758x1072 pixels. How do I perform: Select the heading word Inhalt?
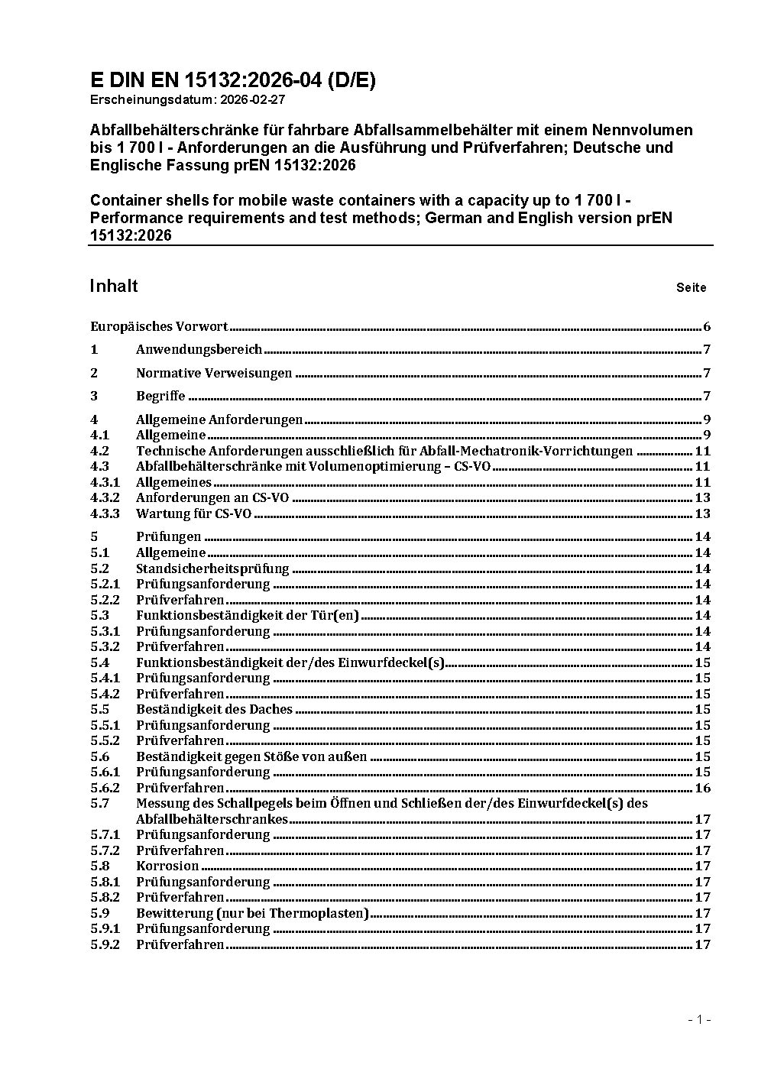pyautogui.click(x=114, y=286)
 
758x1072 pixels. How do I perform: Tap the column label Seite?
pyautogui.click(x=691, y=288)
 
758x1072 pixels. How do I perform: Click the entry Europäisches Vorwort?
pyautogui.click(x=159, y=327)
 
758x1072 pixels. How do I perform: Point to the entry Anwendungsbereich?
pyautogui.click(x=199, y=350)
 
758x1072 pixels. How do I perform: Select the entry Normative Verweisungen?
pyautogui.click(x=214, y=374)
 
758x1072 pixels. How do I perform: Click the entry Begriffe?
pyautogui.click(x=160, y=396)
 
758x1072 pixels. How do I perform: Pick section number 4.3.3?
pyautogui.click(x=105, y=513)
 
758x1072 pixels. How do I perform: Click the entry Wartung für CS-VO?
pyautogui.click(x=193, y=513)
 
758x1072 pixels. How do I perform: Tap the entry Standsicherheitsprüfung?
pyautogui.click(x=212, y=568)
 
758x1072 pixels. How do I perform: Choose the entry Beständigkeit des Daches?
pyautogui.click(x=214, y=709)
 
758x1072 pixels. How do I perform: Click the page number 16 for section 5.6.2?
pyautogui.click(x=702, y=788)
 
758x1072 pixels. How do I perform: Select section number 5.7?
pyautogui.click(x=99, y=803)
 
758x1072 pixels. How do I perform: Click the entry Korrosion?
pyautogui.click(x=167, y=866)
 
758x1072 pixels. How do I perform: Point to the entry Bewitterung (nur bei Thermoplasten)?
pyautogui.click(x=252, y=913)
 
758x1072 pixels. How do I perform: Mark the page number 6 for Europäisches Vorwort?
pyautogui.click(x=707, y=327)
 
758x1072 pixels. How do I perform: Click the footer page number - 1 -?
pyautogui.click(x=699, y=1019)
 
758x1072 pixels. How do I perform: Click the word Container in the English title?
pyautogui.click(x=122, y=200)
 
